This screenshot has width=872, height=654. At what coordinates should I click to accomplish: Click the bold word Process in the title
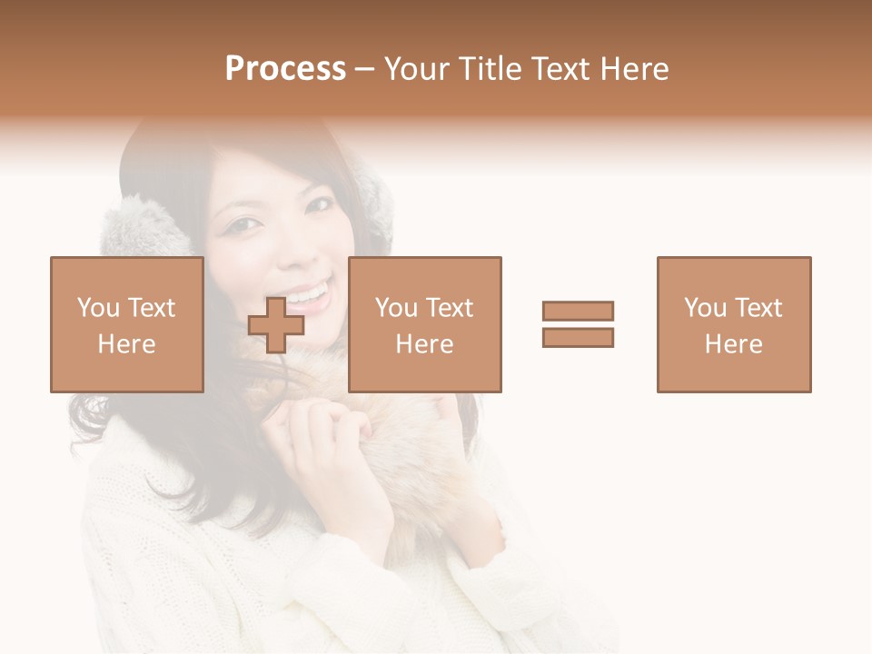coord(285,69)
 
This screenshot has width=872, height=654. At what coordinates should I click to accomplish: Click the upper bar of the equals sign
coord(578,311)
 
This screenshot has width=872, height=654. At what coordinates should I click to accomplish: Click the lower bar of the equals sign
coord(578,337)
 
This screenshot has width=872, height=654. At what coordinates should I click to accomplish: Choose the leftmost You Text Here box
coord(126,324)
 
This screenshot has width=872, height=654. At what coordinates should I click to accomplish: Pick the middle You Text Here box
coord(424,324)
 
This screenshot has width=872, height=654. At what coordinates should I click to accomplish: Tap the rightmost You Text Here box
coord(733,324)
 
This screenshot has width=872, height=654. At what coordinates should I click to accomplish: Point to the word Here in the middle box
coord(424,344)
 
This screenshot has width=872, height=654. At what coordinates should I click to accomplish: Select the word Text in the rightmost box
coord(759,308)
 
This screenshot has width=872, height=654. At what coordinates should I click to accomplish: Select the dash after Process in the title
coord(365,70)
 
